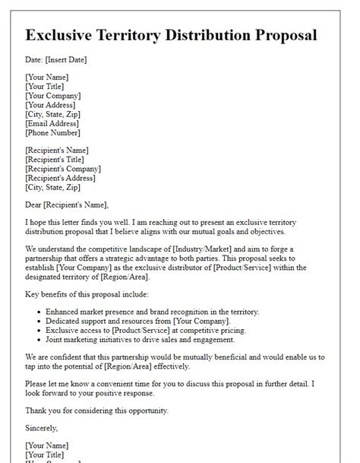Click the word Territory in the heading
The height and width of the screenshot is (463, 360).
coord(150,36)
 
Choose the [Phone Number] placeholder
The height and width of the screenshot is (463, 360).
coord(53,133)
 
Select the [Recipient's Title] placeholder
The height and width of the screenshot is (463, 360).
coord(59,159)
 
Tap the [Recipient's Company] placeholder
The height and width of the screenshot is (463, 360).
coord(65,169)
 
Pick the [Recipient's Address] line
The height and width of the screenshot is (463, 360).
coord(62,179)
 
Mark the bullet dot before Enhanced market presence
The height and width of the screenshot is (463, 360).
coord(38,312)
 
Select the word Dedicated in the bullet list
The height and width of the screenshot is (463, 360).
coord(66,322)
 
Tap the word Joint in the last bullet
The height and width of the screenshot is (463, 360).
coord(57,341)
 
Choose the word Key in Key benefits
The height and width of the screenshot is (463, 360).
coord(33,293)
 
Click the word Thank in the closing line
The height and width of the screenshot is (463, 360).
coord(38,411)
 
